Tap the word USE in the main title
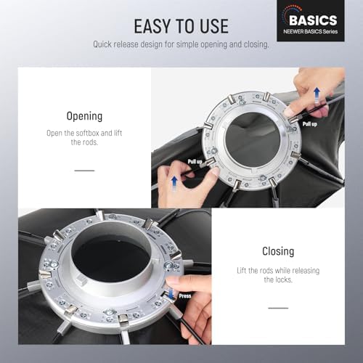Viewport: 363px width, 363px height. [214, 26]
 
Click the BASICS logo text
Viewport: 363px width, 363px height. [313, 20]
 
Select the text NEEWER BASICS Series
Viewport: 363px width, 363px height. [311, 31]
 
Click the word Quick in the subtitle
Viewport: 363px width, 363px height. [102, 44]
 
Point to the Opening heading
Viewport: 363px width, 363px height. [84, 116]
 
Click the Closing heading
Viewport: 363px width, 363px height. [278, 251]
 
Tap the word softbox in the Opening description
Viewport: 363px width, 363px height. [87, 133]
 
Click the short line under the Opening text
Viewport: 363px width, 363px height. [84, 171]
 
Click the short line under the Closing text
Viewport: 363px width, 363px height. [278, 308]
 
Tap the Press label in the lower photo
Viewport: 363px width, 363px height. [185, 296]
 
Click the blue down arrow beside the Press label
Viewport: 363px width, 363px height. [171, 293]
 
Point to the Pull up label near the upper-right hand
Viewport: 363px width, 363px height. [310, 124]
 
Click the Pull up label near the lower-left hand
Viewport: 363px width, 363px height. [195, 161]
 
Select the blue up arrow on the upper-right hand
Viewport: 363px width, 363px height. [317, 95]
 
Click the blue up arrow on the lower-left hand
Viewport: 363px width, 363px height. [174, 183]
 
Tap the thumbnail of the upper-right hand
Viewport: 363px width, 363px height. [288, 111]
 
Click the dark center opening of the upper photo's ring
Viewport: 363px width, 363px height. [253, 139]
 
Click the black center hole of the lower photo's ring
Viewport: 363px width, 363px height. [112, 259]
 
